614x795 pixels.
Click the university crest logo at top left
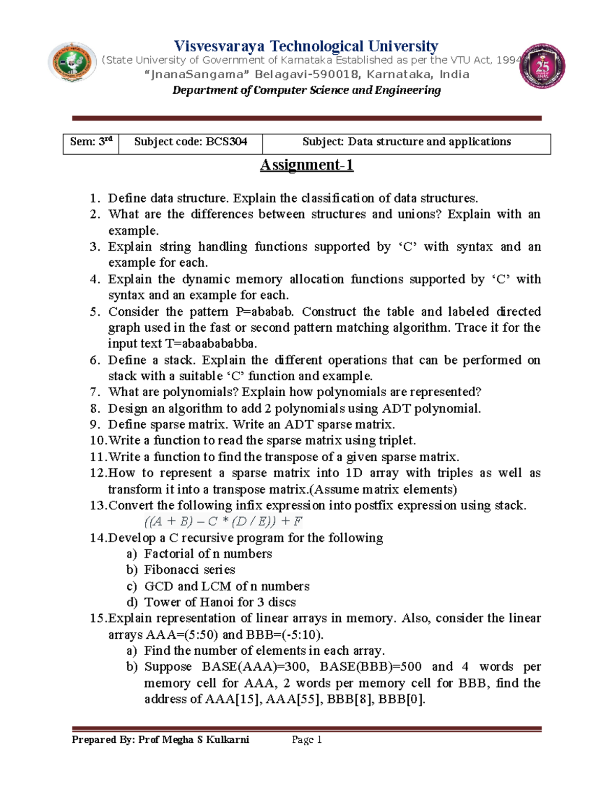[72, 62]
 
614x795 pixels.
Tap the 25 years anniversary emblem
[542, 67]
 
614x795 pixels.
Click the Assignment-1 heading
[306, 165]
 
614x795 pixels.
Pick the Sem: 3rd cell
[91, 142]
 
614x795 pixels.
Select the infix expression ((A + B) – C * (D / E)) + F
[223, 522]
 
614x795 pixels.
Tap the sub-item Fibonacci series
[189, 570]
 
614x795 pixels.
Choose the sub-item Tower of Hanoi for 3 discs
[220, 602]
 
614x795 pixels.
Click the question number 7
[95, 392]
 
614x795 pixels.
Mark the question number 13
[98, 506]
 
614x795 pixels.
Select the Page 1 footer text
[306, 740]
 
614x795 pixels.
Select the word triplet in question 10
[397, 441]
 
